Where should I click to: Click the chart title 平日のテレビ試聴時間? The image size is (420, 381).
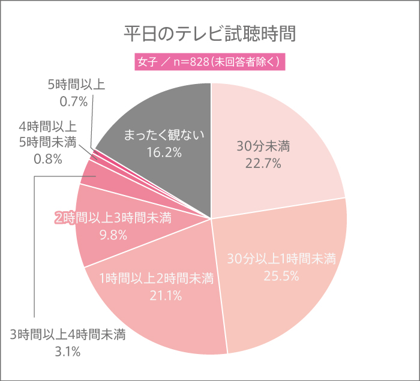209,33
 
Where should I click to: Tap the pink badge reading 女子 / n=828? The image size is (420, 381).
209,62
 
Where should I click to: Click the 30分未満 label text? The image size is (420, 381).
263,146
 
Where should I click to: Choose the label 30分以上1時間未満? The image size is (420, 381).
281,259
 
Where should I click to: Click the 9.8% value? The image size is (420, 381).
113,235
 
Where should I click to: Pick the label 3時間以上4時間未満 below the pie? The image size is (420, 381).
67,335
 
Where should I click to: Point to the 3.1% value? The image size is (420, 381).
67,352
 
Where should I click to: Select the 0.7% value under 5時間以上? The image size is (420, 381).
74,101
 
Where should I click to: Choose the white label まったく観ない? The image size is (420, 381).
164,135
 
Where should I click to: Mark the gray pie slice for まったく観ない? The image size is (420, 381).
180,108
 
